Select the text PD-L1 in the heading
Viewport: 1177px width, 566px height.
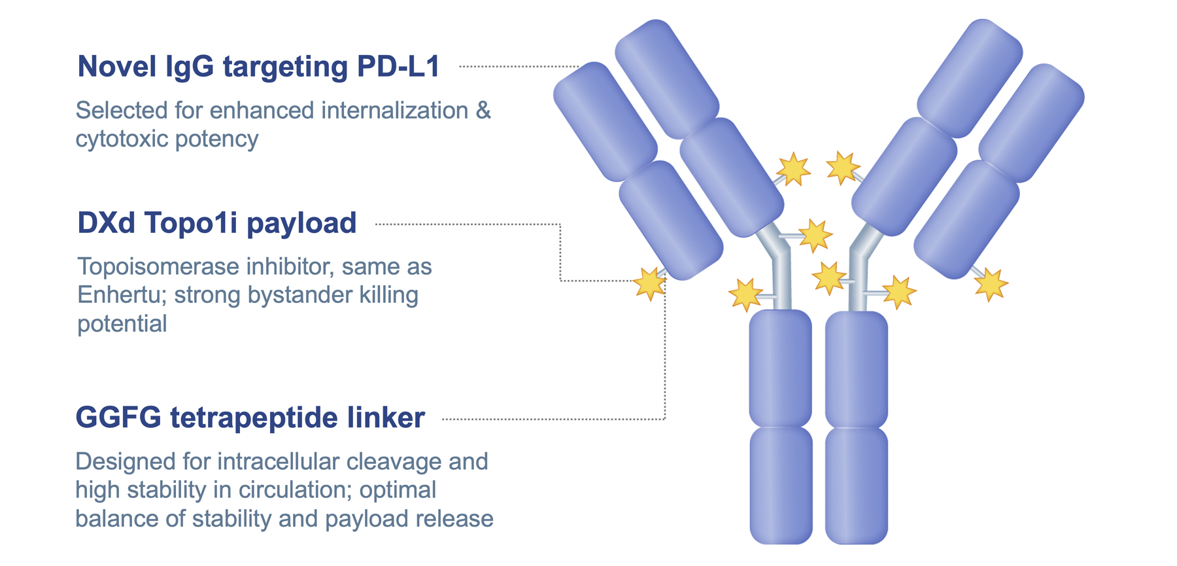[x=398, y=67]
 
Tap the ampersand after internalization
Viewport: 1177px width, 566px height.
[x=483, y=111]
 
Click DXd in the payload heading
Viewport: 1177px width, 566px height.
[x=106, y=223]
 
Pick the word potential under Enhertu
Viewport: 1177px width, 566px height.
[x=122, y=324]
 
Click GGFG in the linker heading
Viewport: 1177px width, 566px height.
[x=118, y=418]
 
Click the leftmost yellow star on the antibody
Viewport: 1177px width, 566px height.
[x=650, y=284]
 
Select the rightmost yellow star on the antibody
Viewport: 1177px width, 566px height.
[x=991, y=285]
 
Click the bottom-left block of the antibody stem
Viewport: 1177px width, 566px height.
[x=781, y=484]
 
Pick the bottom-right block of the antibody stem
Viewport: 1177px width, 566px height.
[x=857, y=484]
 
